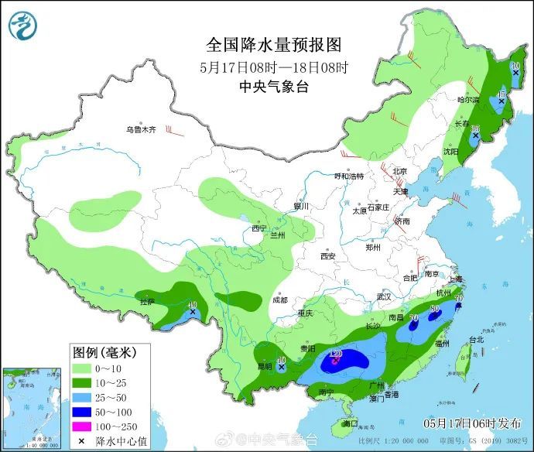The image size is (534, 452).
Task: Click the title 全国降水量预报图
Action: click(x=274, y=44)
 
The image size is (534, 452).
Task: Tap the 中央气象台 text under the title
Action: click(x=274, y=87)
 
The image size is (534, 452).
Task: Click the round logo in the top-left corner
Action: click(x=23, y=26)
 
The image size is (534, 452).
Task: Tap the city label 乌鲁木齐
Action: click(x=142, y=130)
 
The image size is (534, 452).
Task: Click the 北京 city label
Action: click(x=399, y=171)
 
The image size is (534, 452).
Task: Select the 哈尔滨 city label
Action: click(x=468, y=100)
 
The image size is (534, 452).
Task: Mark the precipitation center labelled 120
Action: click(x=336, y=355)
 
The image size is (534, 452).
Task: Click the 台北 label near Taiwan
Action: click(x=476, y=339)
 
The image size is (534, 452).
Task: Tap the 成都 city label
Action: click(x=279, y=300)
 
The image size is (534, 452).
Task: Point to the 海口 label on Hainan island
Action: click(x=351, y=423)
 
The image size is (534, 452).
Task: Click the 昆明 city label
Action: click(x=265, y=365)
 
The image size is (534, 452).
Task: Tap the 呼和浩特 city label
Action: click(x=347, y=176)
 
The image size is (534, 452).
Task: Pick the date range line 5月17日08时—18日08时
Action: click(x=274, y=67)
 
